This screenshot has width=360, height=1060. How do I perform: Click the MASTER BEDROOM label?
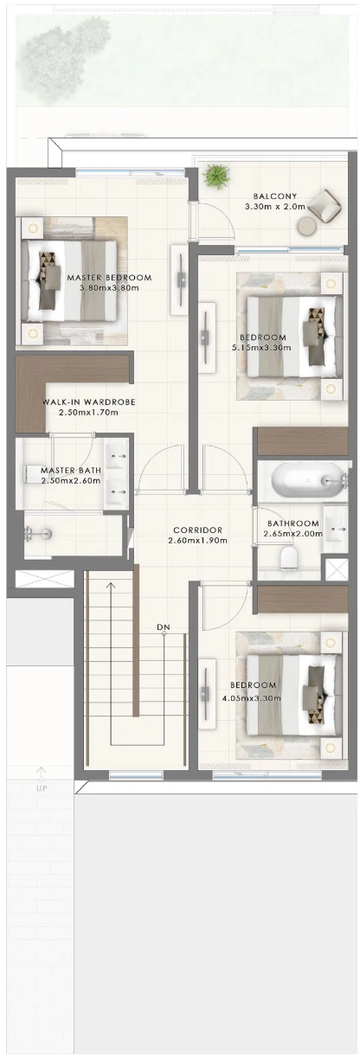(x=109, y=278)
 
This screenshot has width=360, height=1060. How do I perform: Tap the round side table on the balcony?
(x=307, y=227)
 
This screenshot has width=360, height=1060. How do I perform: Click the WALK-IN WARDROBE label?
(x=89, y=402)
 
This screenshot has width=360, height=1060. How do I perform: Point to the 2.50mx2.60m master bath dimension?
(x=71, y=481)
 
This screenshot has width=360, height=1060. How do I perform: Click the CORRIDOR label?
(x=197, y=530)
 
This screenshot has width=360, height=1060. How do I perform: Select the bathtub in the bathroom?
(x=308, y=480)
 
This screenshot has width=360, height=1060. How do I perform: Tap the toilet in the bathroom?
(x=288, y=557)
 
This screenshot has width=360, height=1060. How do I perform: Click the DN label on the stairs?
(x=164, y=627)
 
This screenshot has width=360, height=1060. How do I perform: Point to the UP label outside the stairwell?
(x=42, y=788)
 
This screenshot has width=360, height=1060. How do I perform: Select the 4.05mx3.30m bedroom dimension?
(x=252, y=698)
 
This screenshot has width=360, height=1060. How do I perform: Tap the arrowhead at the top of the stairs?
(x=111, y=585)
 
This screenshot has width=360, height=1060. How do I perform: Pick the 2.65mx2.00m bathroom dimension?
(x=293, y=534)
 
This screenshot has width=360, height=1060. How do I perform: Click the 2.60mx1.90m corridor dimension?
(x=197, y=541)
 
